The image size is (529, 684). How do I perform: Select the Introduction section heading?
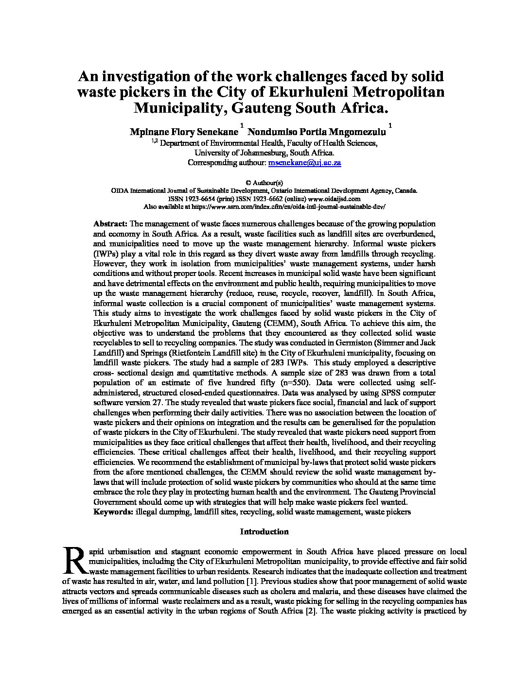tap(264, 531)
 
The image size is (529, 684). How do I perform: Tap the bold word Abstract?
tap(110, 224)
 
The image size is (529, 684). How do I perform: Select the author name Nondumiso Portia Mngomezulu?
tap(317, 132)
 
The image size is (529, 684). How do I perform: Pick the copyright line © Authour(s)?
tap(264, 183)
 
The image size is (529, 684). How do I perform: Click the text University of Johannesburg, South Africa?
tap(264, 153)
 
